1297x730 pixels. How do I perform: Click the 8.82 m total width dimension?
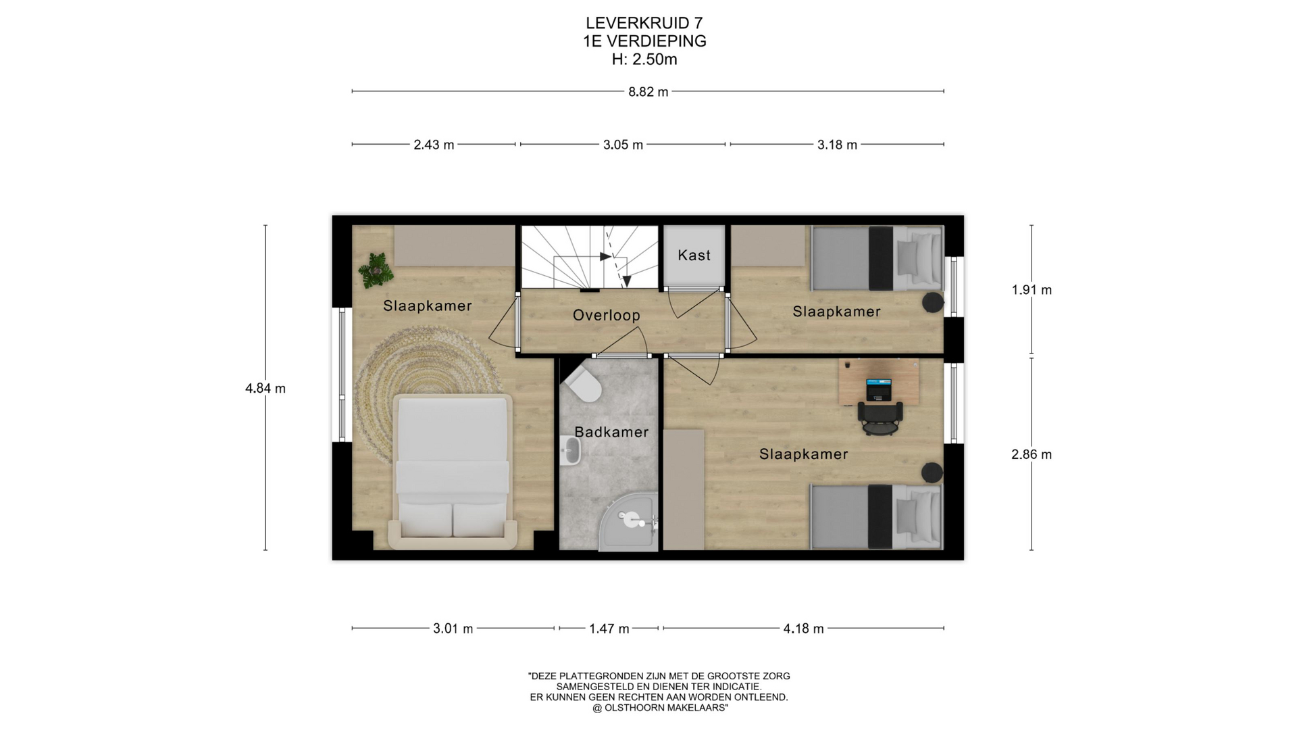(648, 92)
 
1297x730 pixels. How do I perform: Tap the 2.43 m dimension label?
(434, 145)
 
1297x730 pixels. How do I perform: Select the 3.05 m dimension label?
(623, 145)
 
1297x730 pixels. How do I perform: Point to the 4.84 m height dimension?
(265, 389)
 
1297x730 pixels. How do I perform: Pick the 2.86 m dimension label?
(1032, 455)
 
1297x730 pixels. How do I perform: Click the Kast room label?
(694, 255)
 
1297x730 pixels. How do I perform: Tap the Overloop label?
(607, 316)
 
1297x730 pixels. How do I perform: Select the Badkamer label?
(611, 432)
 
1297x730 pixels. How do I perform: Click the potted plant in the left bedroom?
(376, 270)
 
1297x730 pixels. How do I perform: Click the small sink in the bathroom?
(571, 449)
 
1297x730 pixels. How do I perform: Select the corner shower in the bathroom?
(630, 520)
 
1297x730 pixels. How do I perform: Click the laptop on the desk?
(879, 389)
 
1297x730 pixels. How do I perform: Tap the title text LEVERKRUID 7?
(644, 24)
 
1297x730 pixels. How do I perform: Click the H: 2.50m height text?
(644, 59)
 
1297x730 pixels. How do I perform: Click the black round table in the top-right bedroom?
(933, 302)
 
